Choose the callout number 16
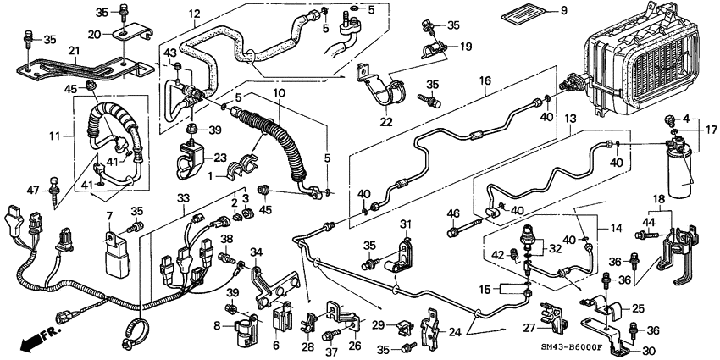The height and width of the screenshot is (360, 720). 485,81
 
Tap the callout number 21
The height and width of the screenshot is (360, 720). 74,51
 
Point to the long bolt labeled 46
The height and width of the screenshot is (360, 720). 464,229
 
